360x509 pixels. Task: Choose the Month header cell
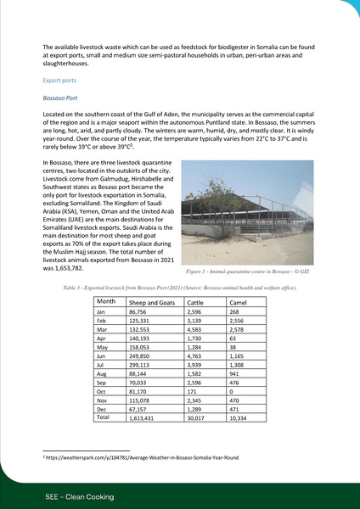pos(107,302)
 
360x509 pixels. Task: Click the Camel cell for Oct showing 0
pos(233,391)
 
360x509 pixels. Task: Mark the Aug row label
pos(103,373)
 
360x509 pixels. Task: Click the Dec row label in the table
pos(102,409)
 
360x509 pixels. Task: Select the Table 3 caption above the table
pos(179,288)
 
